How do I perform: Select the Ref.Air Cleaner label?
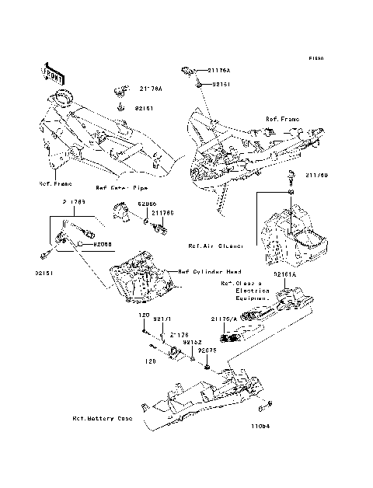[x=215, y=246]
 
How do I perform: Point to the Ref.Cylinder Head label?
[x=207, y=272]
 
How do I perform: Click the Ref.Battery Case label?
[x=102, y=419]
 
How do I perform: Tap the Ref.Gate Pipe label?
[x=121, y=188]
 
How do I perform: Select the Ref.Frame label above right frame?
[x=282, y=119]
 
